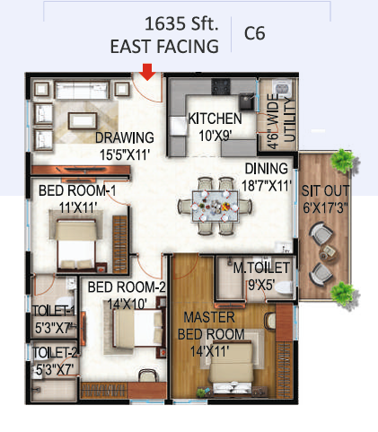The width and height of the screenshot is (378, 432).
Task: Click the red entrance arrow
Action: click(x=147, y=72)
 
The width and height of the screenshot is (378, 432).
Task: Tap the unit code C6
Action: click(x=255, y=33)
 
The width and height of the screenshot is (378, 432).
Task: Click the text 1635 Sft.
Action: click(x=181, y=24)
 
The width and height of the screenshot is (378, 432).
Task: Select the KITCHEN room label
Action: click(x=215, y=119)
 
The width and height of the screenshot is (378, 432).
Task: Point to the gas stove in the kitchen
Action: click(x=221, y=86)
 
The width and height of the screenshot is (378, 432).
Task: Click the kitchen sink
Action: click(x=247, y=101)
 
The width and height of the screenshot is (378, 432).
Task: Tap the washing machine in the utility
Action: click(x=282, y=88)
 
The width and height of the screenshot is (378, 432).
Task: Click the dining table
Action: click(x=215, y=207)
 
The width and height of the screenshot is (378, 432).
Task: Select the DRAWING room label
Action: click(x=125, y=137)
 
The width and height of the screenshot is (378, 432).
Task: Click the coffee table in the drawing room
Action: click(x=83, y=120)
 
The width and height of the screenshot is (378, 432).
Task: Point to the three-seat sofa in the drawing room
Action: click(x=82, y=90)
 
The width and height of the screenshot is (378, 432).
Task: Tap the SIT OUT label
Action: click(x=325, y=190)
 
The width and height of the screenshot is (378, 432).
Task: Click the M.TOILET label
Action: click(x=261, y=268)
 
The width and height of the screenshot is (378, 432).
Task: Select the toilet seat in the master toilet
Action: click(x=284, y=288)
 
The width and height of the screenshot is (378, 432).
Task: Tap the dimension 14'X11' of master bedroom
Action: click(x=210, y=351)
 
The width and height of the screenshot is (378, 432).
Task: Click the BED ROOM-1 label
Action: click(x=77, y=190)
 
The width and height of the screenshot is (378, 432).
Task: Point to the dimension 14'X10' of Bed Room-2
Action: click(x=127, y=304)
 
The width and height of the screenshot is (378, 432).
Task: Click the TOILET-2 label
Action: click(x=56, y=353)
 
